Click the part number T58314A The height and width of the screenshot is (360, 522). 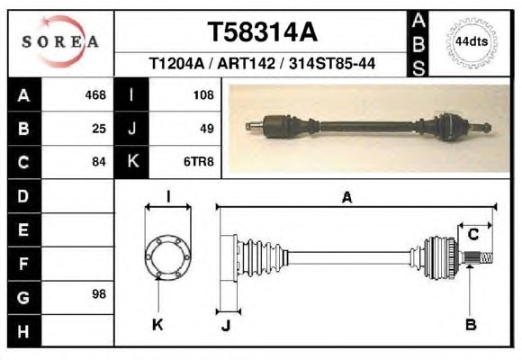[262, 32]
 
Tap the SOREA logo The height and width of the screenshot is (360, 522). [60, 41]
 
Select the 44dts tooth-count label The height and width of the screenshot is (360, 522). [472, 41]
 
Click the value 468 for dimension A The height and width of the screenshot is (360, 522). [95, 95]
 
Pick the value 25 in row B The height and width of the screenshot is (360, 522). [99, 129]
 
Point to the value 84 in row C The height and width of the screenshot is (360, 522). [99, 162]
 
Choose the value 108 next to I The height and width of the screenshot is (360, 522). [203, 95]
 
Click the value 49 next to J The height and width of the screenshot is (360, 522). [207, 129]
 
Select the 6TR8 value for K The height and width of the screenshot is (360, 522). [199, 162]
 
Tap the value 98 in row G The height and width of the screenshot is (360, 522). [99, 294]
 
